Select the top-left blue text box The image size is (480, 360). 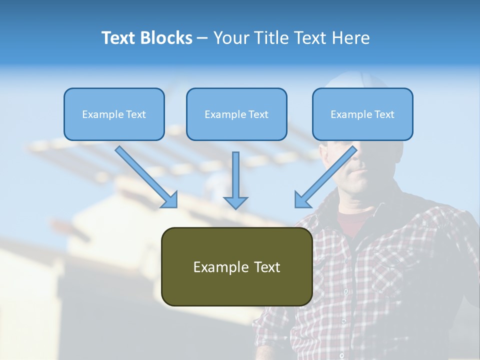[x=114, y=114]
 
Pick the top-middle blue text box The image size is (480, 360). [x=236, y=114]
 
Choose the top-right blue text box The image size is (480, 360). [x=362, y=114]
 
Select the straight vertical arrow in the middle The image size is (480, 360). [x=235, y=175]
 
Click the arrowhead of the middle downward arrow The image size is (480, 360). [x=235, y=202]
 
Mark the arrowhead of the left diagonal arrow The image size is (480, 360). [x=170, y=200]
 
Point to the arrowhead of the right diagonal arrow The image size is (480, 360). [x=302, y=200]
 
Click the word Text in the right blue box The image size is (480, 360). [x=384, y=114]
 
